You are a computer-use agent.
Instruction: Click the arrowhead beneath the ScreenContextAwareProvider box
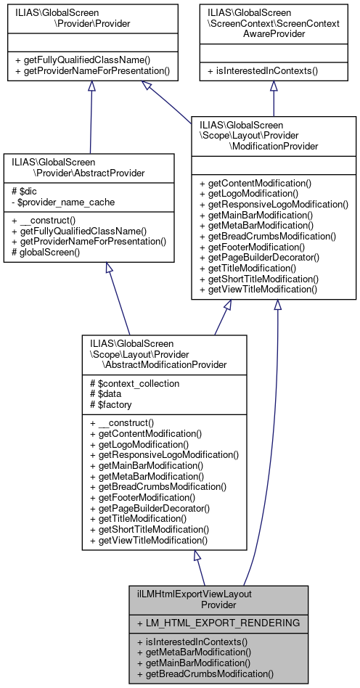coord(274,86)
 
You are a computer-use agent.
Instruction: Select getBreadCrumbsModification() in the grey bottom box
coord(210,673)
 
